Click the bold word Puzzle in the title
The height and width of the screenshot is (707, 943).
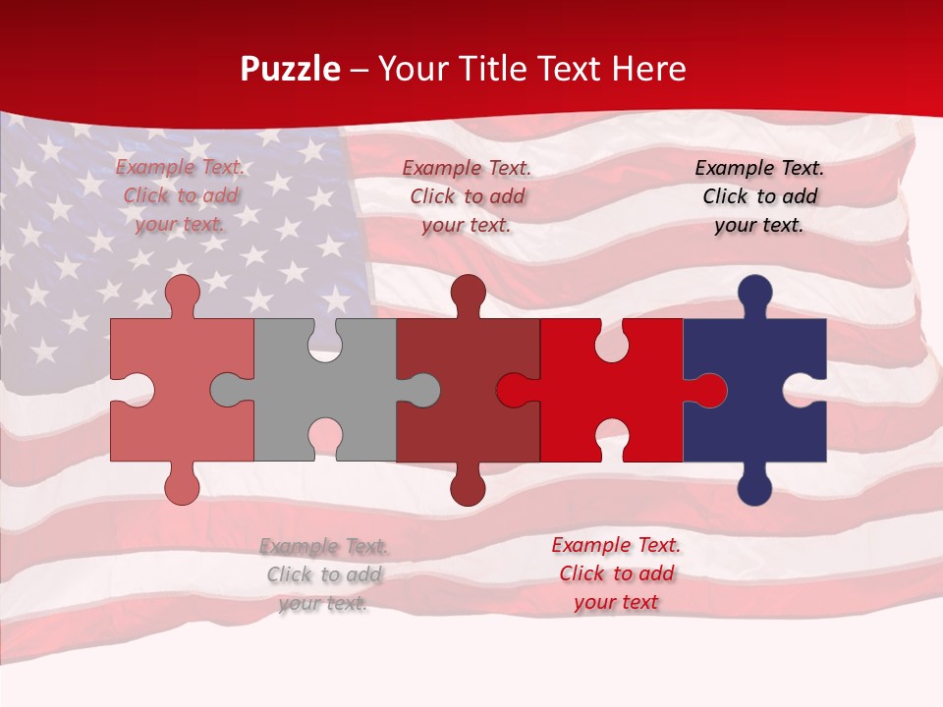pos(290,69)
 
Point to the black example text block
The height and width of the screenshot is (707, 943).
pos(759,196)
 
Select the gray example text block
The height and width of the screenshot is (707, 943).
pos(324,574)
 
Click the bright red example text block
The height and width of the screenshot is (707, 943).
pos(616,573)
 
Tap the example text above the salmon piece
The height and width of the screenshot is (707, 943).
pos(181,195)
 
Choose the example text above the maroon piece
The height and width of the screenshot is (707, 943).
pos(467,196)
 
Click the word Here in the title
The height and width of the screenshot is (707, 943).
pos(648,69)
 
